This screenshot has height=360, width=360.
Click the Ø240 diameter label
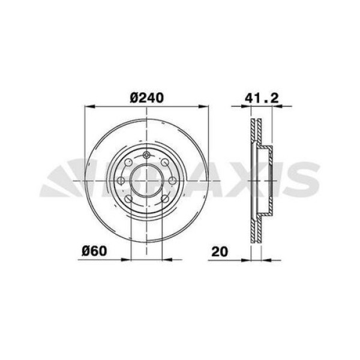tap(146, 98)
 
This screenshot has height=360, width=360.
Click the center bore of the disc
tap(146, 181)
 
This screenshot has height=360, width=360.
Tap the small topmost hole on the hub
tap(146, 154)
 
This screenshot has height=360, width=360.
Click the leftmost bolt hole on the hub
tap(121, 181)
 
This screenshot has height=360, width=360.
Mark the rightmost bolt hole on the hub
tap(172, 181)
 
